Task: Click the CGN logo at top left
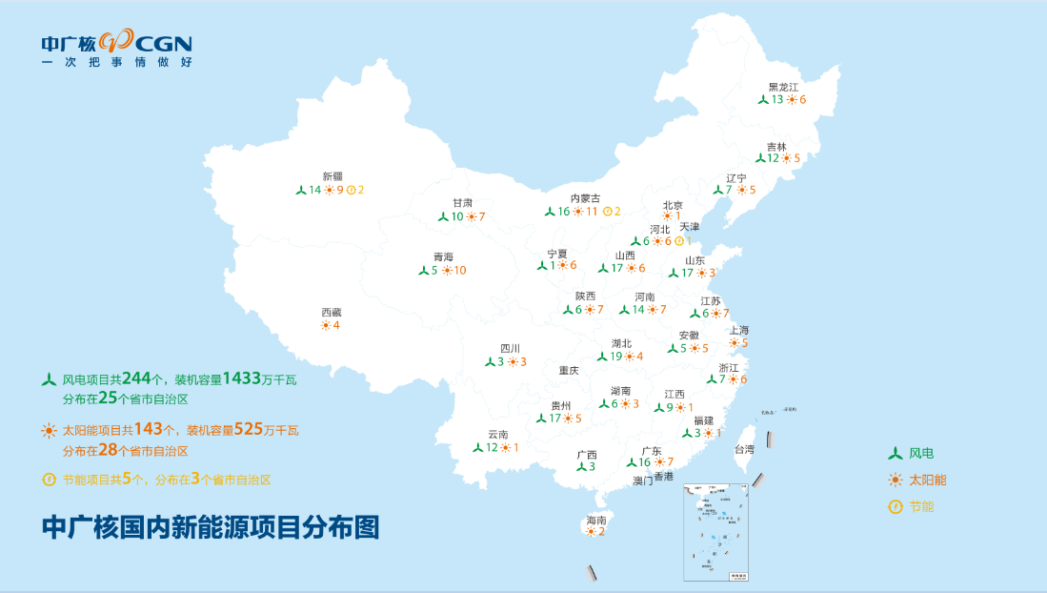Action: tap(116, 42)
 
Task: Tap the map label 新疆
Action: tap(332, 175)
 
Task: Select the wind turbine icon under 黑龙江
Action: tap(763, 99)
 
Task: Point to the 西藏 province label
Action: tap(331, 312)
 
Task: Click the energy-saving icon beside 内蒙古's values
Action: tap(606, 212)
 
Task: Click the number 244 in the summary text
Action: tap(137, 378)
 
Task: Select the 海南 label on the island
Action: tap(595, 520)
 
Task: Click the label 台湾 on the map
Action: tap(743, 449)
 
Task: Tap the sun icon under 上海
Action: tap(734, 343)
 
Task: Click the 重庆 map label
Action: tap(569, 370)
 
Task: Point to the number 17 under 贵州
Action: tap(554, 418)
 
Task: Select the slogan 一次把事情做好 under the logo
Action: tap(116, 62)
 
